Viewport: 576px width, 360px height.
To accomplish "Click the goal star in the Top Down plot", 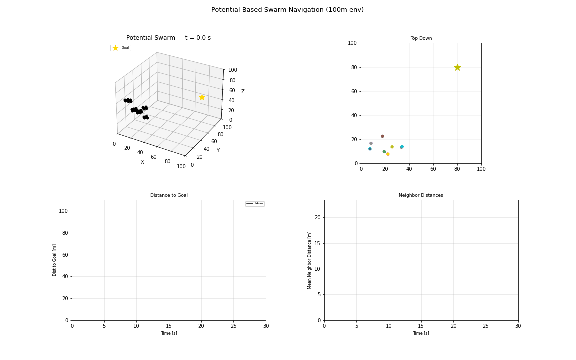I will (457, 67).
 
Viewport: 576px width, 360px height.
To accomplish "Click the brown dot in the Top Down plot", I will (382, 136).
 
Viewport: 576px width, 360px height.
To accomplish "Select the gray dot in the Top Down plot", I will (371, 143).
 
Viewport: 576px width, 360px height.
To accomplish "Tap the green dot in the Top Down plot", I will (384, 152).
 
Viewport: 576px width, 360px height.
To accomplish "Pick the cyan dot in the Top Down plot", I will (402, 147).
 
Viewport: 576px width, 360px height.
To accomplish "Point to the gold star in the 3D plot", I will (202, 97).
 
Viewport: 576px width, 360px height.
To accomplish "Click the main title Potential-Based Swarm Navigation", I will (287, 10).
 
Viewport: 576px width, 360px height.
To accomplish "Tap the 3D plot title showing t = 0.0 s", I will (168, 38).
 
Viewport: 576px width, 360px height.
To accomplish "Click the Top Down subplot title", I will (421, 38).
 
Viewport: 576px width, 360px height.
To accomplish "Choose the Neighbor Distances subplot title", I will (421, 195).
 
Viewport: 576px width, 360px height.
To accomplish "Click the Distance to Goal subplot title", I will (169, 195).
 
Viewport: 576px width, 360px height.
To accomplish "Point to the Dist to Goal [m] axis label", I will (55, 260).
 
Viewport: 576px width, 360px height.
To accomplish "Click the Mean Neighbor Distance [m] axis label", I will (310, 260).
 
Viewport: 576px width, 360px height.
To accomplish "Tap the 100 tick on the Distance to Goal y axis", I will (63, 211).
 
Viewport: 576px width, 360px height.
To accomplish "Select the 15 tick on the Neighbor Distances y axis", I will (317, 243).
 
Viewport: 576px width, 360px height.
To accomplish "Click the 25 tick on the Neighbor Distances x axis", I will (486, 326).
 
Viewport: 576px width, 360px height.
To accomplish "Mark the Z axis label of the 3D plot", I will (243, 92).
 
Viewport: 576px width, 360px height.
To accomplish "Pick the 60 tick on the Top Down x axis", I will (433, 169).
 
